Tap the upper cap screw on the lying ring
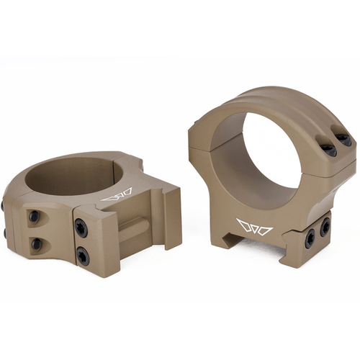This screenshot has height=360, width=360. tap(34, 215)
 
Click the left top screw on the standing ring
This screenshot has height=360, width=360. tap(328, 150)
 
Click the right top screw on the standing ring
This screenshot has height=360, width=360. tap(345, 140)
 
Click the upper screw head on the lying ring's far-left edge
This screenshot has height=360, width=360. tap(6, 206)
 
